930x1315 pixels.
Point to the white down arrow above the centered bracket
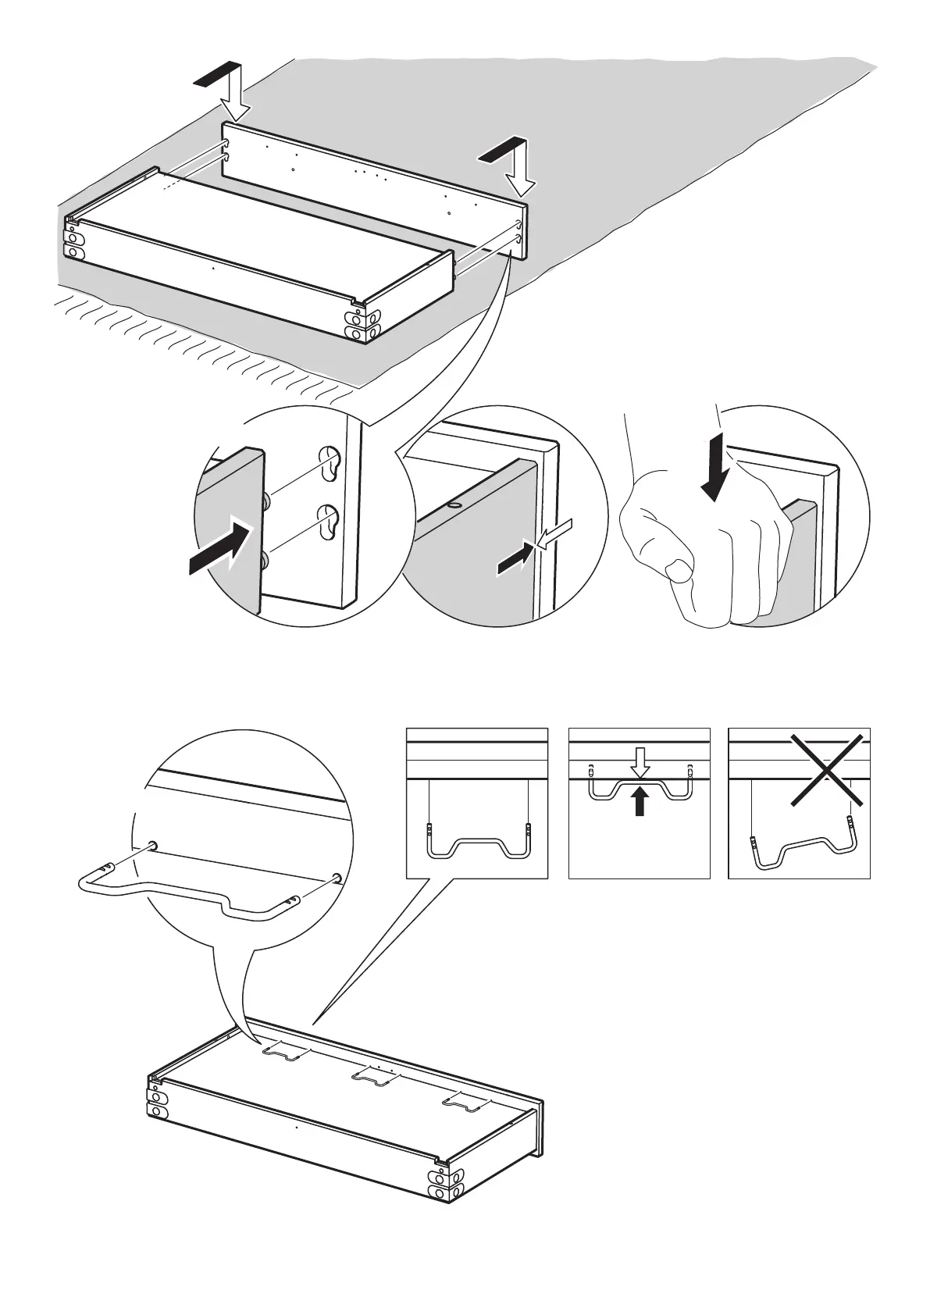pos(640,762)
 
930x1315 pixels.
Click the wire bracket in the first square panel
pos(478,843)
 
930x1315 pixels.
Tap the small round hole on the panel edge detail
pos(454,506)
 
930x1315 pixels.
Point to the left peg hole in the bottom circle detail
pos(153,845)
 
